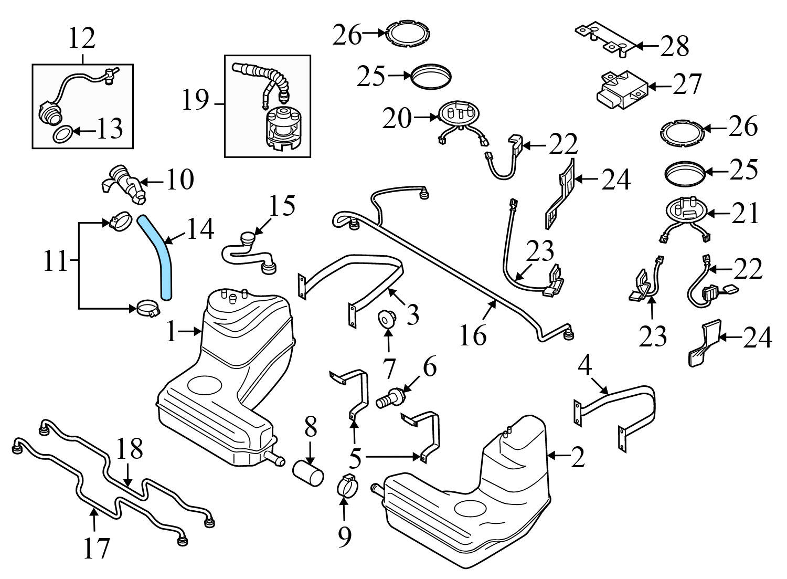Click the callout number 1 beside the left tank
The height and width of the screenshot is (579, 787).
(172, 332)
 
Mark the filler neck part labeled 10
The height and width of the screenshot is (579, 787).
(124, 185)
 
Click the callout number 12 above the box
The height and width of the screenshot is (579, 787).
(82, 38)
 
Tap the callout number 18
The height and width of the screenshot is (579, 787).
(130, 449)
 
